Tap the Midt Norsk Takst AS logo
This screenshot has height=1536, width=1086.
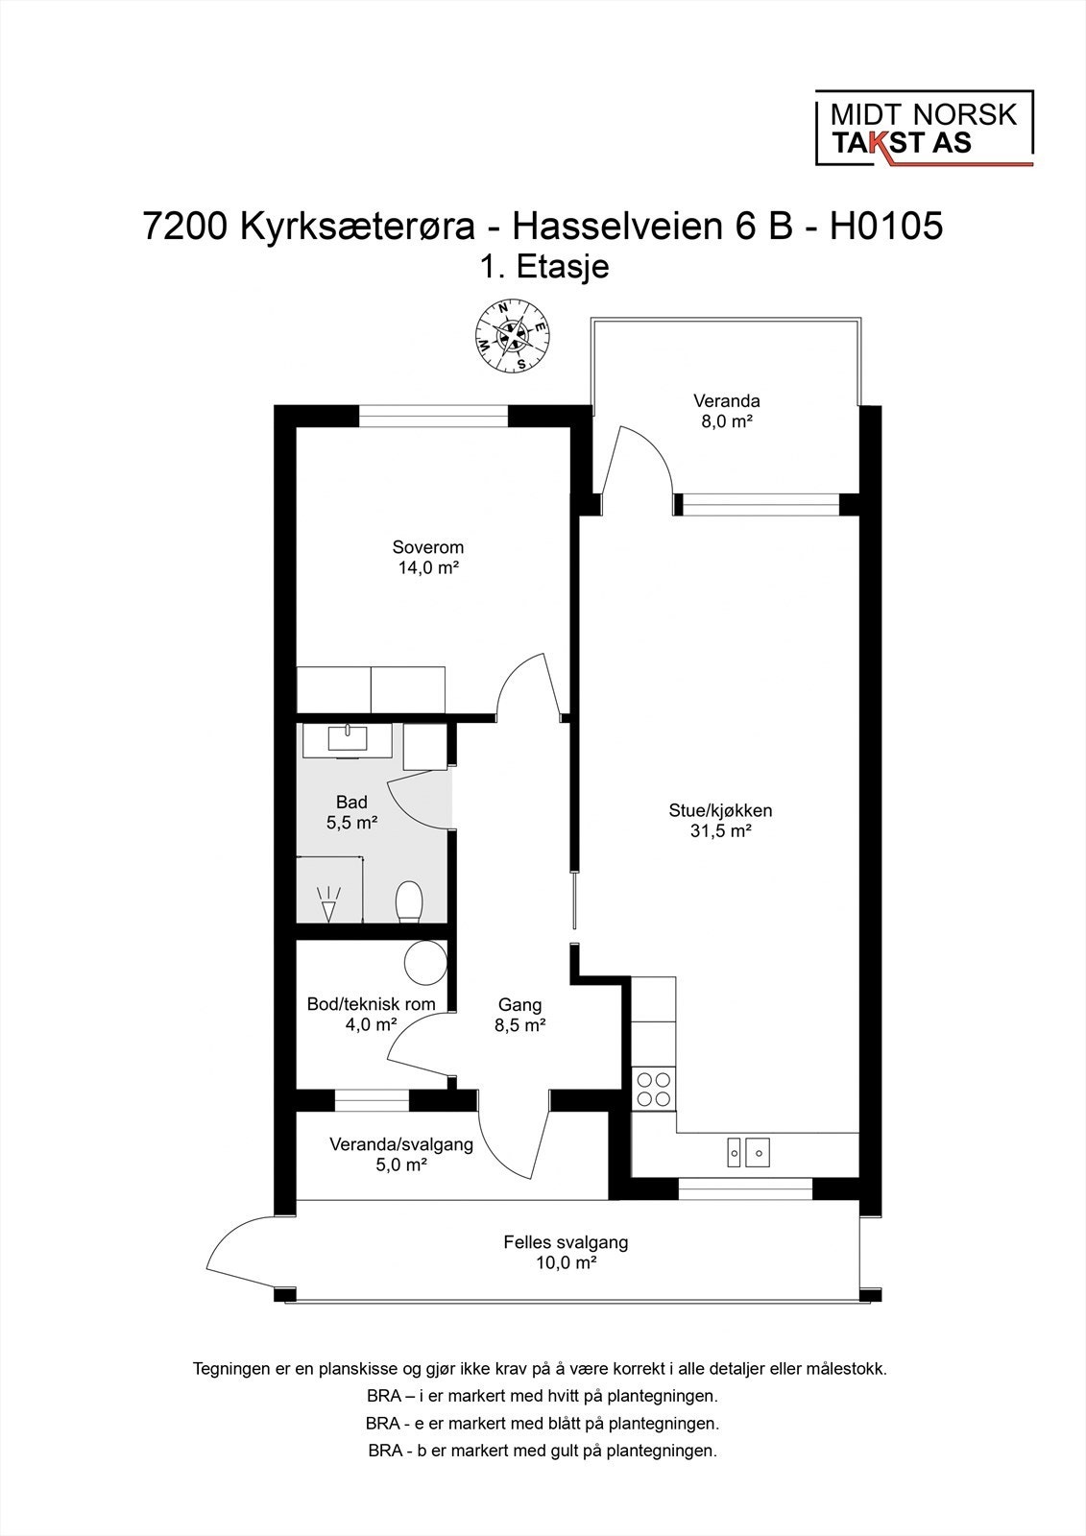924,129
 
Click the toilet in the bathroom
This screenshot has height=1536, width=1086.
410,901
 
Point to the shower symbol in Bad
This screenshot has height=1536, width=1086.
329,904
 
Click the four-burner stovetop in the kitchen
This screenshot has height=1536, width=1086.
653,1089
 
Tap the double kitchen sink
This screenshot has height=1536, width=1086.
748,1152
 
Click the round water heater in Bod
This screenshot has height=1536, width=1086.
425,962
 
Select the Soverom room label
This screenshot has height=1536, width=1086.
428,547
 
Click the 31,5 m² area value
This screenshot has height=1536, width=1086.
720,831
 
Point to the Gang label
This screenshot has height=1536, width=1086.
520,1004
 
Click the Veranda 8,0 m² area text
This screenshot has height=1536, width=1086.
727,421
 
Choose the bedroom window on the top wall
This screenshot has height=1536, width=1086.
434,416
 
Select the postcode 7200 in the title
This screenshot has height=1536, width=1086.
185,226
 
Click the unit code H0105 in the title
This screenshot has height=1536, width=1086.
886,226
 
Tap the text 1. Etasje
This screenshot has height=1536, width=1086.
543,267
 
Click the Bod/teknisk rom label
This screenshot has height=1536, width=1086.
372,1004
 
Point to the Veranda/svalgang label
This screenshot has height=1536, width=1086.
401,1144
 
